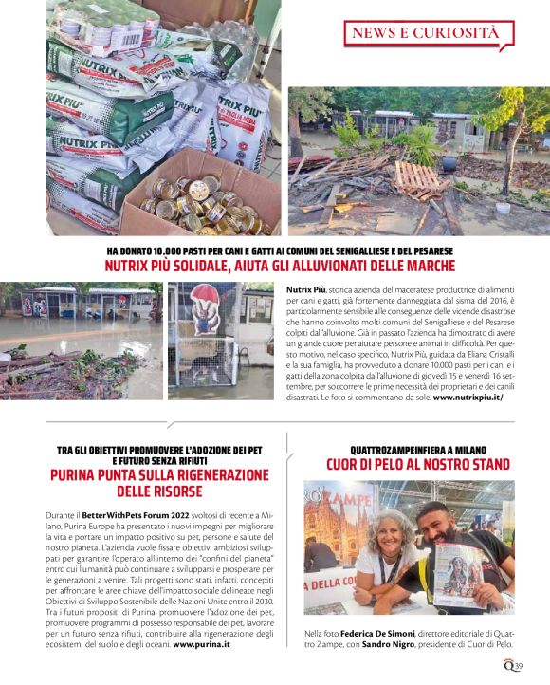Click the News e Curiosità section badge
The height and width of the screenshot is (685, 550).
(x=425, y=34)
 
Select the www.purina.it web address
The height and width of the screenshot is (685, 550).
(x=202, y=643)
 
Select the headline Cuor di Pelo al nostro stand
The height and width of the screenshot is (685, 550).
(x=418, y=464)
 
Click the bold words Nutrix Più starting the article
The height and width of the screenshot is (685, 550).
(x=306, y=287)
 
